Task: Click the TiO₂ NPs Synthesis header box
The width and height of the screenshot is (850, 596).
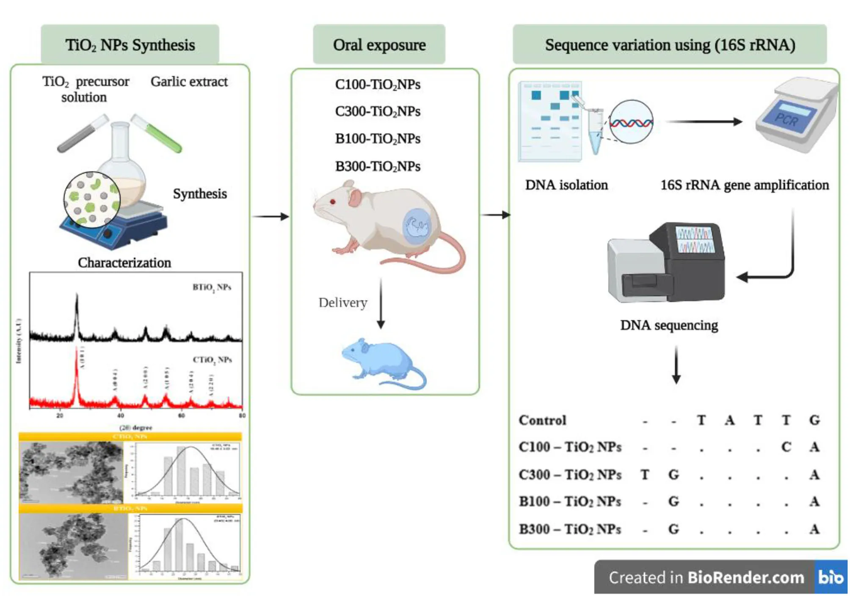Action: [130, 45]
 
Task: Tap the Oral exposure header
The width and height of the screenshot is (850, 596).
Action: [379, 45]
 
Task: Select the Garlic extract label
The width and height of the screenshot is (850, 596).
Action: [189, 81]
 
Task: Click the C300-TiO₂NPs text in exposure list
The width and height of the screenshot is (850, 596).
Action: [378, 112]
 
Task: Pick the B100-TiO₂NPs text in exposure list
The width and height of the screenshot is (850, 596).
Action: [378, 139]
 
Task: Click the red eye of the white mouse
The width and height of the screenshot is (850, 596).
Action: [333, 202]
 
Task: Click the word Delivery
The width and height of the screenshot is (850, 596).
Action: [343, 302]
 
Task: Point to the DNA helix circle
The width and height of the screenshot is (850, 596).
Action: [631, 122]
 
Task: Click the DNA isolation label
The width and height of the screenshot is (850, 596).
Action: [566, 185]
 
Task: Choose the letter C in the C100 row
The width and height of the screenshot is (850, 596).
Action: [786, 447]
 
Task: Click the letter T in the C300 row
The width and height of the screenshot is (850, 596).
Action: [645, 475]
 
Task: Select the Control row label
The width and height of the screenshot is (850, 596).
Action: [542, 420]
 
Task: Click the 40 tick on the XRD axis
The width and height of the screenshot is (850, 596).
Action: [121, 416]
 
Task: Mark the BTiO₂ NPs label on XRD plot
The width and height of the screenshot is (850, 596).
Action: [212, 288]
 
